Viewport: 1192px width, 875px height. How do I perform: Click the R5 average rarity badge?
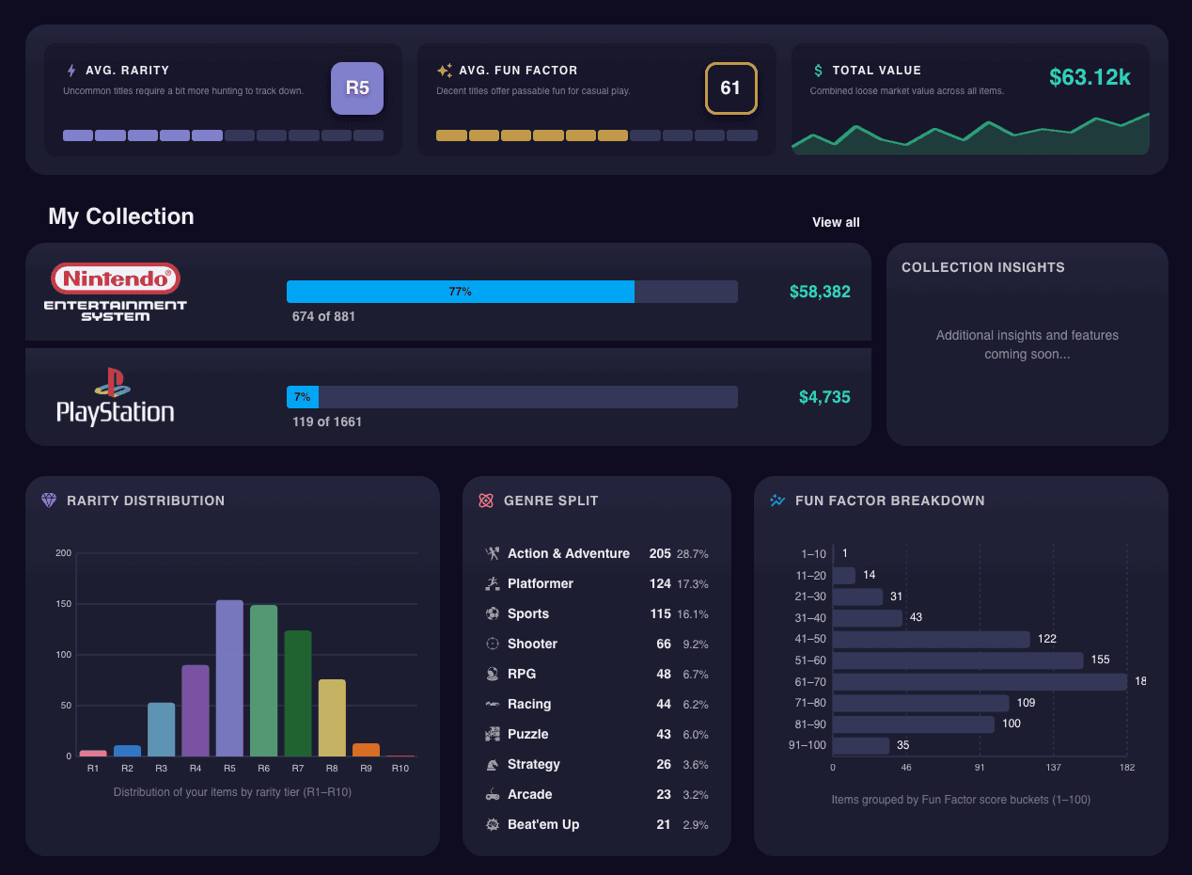point(357,88)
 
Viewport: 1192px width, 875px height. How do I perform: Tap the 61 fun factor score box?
point(730,88)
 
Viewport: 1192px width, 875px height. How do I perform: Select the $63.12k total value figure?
point(1090,77)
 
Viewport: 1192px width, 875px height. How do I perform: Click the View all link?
point(836,222)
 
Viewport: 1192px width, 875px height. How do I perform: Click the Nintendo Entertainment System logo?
point(116,292)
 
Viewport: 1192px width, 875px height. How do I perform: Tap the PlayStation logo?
point(116,397)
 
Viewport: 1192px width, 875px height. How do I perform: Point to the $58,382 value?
point(820,292)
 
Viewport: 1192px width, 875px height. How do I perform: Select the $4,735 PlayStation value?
point(824,397)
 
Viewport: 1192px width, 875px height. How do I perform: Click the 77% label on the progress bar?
point(460,292)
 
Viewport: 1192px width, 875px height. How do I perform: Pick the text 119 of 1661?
point(327,422)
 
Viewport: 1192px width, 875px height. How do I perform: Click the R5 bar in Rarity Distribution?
point(229,677)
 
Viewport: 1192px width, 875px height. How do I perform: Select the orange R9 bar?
point(366,750)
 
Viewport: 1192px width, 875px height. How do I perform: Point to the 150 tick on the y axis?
point(63,604)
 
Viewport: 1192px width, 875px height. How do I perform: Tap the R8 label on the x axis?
point(332,769)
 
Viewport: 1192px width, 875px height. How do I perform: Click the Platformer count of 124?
point(660,583)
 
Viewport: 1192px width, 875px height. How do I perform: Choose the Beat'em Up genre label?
point(543,824)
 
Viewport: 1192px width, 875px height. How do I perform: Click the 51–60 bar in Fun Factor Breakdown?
point(958,660)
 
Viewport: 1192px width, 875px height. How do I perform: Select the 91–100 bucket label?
point(808,745)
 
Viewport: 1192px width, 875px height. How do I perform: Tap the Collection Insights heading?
point(983,267)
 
